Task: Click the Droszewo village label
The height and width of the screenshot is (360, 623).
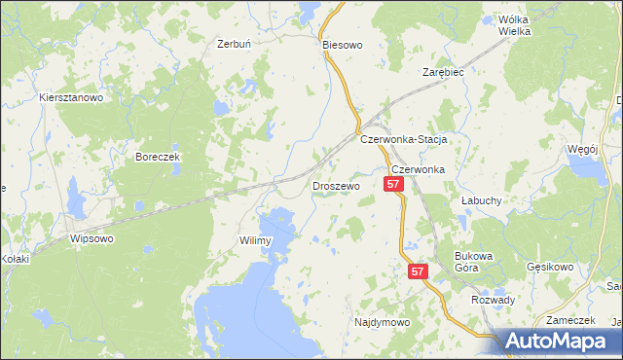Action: pyautogui.click(x=336, y=185)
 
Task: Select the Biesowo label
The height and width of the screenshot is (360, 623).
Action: pyautogui.click(x=342, y=45)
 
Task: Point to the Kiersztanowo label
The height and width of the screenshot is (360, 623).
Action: pyautogui.click(x=71, y=98)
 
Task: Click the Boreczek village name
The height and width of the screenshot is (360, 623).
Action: pyautogui.click(x=159, y=157)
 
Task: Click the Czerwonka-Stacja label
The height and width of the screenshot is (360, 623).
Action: pyautogui.click(x=403, y=139)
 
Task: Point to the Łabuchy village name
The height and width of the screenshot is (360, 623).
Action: pyautogui.click(x=480, y=199)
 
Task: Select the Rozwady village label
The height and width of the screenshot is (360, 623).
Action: pyautogui.click(x=493, y=300)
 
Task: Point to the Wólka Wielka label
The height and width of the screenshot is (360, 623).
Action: pyautogui.click(x=514, y=25)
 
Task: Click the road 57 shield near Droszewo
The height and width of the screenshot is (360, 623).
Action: pyautogui.click(x=394, y=184)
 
